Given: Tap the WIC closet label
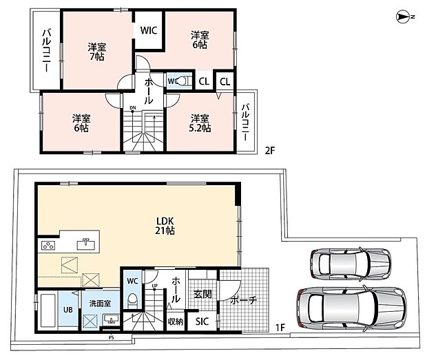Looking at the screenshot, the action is tap(149, 30).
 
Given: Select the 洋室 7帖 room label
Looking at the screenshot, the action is tap(97, 52).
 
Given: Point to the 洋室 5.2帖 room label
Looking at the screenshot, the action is tap(200, 123).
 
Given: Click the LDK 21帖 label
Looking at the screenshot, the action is tap(165, 226).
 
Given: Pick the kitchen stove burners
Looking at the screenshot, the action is tap(48, 246).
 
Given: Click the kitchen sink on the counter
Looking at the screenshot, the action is tap(86, 244).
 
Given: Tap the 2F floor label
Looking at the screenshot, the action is tap(270, 150).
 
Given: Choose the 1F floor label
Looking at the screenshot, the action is tap(280, 328).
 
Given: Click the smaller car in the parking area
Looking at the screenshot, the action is tap(351, 264).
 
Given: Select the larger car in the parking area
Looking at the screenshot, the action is tap(352, 308).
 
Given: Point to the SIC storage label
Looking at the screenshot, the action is tap(202, 321).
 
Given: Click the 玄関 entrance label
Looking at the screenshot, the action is tap(202, 294).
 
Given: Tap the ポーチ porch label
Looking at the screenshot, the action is tap(244, 300).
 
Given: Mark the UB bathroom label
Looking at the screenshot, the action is tap(67, 310).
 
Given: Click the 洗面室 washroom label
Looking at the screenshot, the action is tap(100, 304).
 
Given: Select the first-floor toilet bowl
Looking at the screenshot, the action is tap(133, 300).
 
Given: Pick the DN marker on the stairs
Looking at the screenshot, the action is tap(133, 108).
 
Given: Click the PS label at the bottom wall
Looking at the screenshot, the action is tap(111, 338).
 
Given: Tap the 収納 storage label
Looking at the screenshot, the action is tap(176, 321).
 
